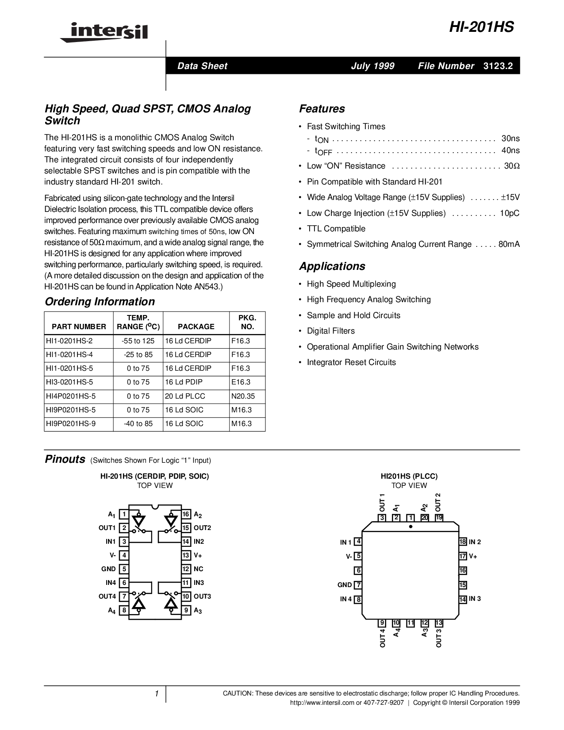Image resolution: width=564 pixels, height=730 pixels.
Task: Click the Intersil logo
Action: point(104,32)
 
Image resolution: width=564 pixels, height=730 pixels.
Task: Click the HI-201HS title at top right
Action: point(482,27)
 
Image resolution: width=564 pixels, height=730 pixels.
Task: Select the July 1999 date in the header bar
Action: point(372,66)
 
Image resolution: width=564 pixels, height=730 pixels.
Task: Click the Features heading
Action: point(322,109)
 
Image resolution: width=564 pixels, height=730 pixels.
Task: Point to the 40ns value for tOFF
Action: point(510,150)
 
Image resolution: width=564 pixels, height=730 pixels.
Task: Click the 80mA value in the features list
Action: point(509,244)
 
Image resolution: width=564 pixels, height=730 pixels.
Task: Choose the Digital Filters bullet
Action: point(330,331)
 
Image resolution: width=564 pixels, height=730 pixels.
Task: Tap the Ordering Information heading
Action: point(100,302)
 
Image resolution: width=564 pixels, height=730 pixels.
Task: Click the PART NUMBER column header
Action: point(79,327)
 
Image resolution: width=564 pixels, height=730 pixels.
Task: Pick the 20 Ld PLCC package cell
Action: point(185,396)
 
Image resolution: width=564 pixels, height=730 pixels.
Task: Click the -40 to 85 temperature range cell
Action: point(139,423)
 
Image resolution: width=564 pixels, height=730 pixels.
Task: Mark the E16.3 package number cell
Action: point(241,382)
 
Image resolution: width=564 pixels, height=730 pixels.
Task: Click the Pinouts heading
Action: point(65,459)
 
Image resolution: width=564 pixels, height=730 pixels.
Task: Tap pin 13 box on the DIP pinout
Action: point(186,555)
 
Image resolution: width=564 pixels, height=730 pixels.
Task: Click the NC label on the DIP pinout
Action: point(199,569)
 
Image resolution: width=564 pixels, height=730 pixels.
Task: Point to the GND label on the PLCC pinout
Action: point(345,585)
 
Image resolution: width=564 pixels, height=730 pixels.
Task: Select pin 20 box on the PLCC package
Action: point(425,517)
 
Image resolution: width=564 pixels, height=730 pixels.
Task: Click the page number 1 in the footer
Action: point(157,694)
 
